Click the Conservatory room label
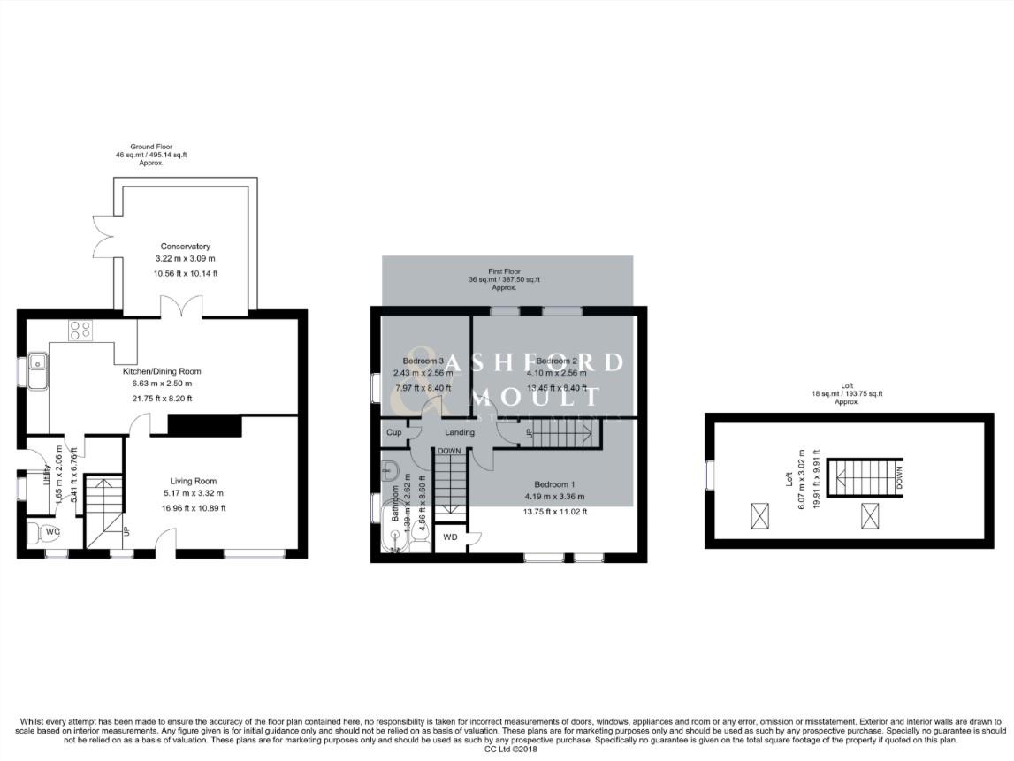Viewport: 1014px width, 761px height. pyautogui.click(x=185, y=247)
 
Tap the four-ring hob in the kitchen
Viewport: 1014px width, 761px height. pyautogui.click(x=80, y=330)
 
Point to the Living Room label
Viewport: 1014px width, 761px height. pyautogui.click(x=187, y=481)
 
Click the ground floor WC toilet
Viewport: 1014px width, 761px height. pyautogui.click(x=40, y=533)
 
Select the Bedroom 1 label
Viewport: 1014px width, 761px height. pyautogui.click(x=554, y=484)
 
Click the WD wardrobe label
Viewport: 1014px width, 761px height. pyautogui.click(x=450, y=537)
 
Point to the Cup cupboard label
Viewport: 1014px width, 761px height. pyautogui.click(x=393, y=433)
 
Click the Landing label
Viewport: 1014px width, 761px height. pyautogui.click(x=460, y=433)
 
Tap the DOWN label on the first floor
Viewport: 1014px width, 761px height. pyautogui.click(x=449, y=450)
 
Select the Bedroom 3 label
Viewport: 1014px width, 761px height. pyautogui.click(x=423, y=361)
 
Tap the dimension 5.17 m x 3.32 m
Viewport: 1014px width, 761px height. pyautogui.click(x=187, y=493)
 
